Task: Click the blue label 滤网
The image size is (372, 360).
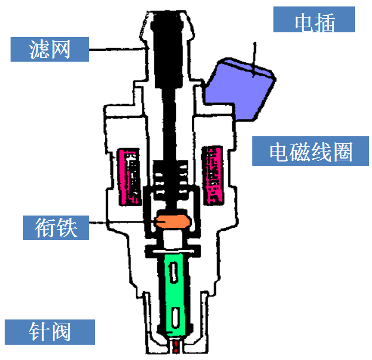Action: [50, 49]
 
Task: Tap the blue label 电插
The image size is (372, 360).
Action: [314, 22]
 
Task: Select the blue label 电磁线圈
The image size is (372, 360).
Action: [310, 152]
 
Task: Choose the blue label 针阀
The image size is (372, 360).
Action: [49, 331]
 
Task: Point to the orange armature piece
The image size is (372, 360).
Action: [171, 222]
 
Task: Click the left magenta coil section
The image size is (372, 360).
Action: [130, 177]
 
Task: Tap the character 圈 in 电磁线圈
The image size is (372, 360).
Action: [342, 152]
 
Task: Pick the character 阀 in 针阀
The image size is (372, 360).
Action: [60, 331]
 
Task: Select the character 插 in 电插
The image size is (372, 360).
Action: [325, 22]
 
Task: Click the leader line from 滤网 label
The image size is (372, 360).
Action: [117, 50]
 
